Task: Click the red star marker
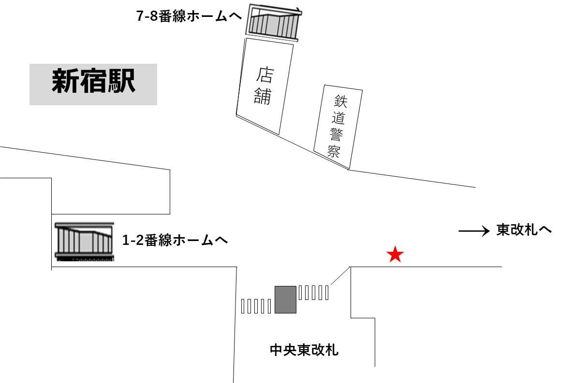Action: tap(395, 255)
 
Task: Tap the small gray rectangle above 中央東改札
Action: tap(285, 299)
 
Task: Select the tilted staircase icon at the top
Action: tap(272, 21)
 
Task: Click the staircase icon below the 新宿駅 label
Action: tap(84, 238)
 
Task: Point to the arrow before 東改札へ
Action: tap(475, 231)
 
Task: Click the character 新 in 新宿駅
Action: tap(66, 82)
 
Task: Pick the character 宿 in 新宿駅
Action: tap(93, 82)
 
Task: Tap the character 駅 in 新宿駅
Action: tap(121, 82)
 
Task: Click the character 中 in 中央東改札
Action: tap(276, 350)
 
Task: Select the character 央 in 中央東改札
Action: tap(290, 350)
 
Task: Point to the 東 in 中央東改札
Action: tap(304, 350)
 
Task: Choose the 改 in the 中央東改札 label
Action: tap(318, 350)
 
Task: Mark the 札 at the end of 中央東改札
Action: tap(332, 350)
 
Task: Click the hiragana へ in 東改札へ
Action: tap(545, 230)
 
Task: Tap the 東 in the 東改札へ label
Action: tap(503, 230)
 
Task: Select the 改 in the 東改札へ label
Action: tap(517, 230)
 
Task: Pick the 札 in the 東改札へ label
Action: tap(531, 230)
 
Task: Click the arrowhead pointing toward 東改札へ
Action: tap(486, 231)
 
